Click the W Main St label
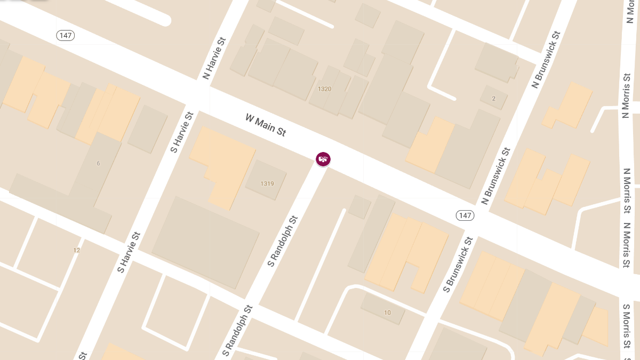pos(266,125)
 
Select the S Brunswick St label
pos(458,265)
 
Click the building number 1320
pos(324,89)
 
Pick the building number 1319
pos(267,183)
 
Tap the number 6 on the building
pos(98,163)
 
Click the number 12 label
pos(77,250)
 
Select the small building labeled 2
pos(493,99)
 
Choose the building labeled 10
pos(387,313)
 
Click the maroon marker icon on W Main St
pos(323,158)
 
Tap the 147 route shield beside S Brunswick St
pos(465,215)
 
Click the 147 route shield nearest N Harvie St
pos(66,36)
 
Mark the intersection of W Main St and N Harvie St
pos(202,99)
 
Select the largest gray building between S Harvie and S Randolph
pos(206,241)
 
